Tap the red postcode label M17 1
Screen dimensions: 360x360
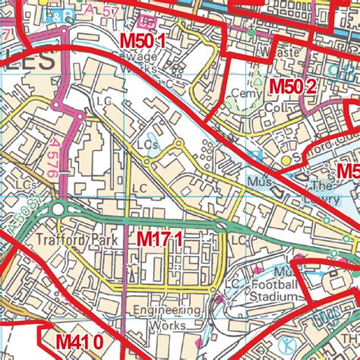pos(159,239)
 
